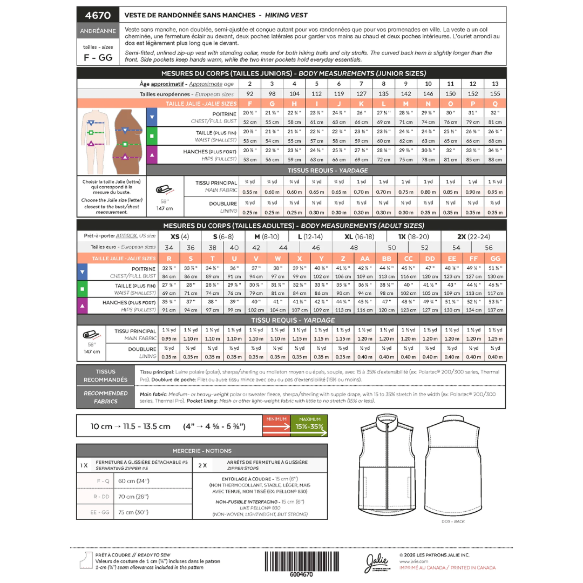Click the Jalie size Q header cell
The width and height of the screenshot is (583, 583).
(x=495, y=103)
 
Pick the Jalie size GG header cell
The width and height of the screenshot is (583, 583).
(x=495, y=259)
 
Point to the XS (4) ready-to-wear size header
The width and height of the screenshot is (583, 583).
(x=179, y=236)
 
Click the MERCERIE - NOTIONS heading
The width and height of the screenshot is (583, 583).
(x=202, y=451)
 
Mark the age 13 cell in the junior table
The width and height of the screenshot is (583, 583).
(x=495, y=84)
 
